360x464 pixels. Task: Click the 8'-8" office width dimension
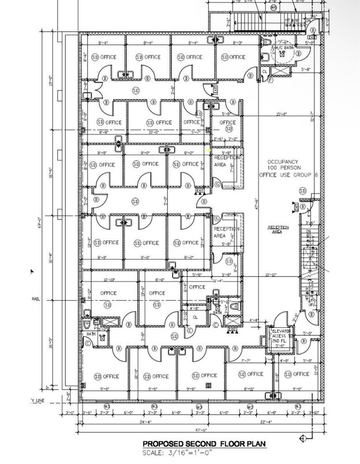coord(104,132)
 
